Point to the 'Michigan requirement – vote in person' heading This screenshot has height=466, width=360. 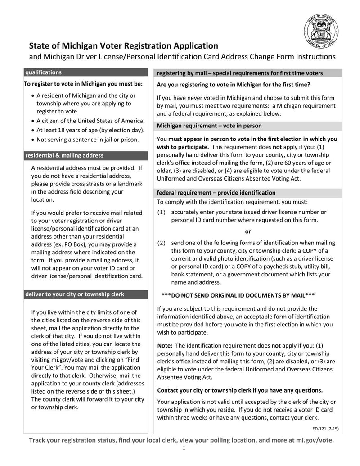pyautogui.click(x=209, y=126)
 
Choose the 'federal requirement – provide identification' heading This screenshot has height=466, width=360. pyautogui.click(x=216, y=192)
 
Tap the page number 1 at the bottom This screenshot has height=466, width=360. pyautogui.click(x=184, y=448)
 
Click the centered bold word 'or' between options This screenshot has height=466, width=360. pyautogui.click(x=248, y=231)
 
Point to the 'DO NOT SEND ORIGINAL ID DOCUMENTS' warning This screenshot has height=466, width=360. pyautogui.click(x=238, y=295)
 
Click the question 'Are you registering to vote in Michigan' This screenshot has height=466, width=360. pyautogui.click(x=233, y=85)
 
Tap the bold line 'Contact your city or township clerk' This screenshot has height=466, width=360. pyautogui.click(x=239, y=390)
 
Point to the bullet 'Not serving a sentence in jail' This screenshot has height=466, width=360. pyautogui.click(x=87, y=140)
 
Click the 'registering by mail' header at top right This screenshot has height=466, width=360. pyautogui.click(x=239, y=73)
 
